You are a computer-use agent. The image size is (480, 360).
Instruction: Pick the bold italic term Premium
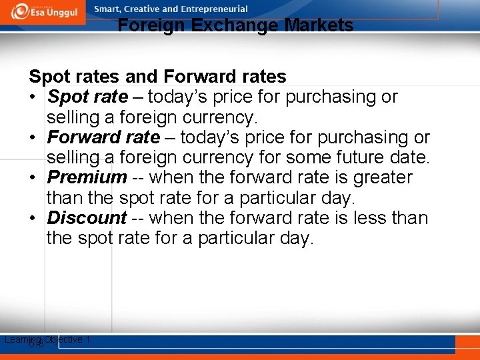pyautogui.click(x=87, y=178)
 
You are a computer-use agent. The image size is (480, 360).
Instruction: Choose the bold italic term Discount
pyautogui.click(x=87, y=218)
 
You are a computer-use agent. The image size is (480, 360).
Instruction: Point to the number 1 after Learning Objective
pyautogui.click(x=88, y=339)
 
